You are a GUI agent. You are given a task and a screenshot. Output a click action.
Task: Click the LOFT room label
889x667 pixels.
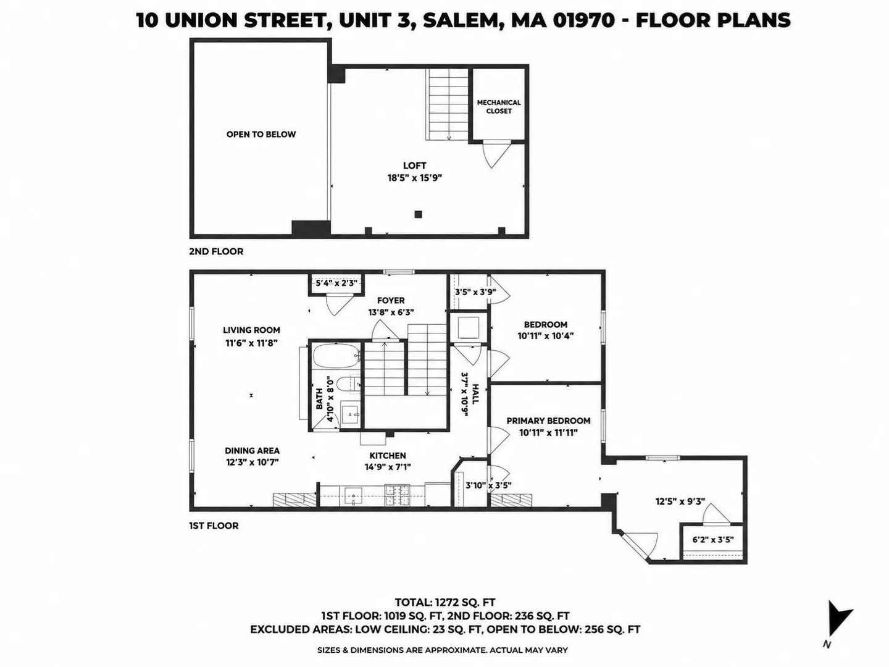pyautogui.click(x=414, y=166)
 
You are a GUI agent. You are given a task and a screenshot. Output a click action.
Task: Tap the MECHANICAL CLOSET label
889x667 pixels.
pyautogui.click(x=499, y=107)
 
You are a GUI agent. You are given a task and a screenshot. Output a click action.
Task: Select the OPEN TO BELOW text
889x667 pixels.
pyautogui.click(x=261, y=135)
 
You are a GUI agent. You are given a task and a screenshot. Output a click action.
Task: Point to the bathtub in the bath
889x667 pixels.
pyautogui.click(x=336, y=356)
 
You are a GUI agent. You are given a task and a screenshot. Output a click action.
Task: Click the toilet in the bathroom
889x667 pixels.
pyautogui.click(x=347, y=384)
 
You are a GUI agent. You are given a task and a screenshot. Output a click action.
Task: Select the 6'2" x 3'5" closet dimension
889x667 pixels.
pyautogui.click(x=713, y=540)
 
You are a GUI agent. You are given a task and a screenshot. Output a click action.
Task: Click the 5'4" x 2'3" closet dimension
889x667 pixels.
pyautogui.click(x=336, y=283)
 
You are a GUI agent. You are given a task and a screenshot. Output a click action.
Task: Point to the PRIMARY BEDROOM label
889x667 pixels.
pyautogui.click(x=548, y=421)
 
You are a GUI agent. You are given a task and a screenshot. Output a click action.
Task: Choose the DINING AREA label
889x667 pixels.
pyautogui.click(x=252, y=450)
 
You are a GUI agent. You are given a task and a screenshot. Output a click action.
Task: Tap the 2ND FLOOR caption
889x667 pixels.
pyautogui.click(x=216, y=251)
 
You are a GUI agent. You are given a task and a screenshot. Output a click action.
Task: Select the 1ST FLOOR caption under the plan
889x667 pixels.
pyautogui.click(x=214, y=526)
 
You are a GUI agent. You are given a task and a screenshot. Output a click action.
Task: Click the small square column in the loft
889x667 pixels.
pyautogui.click(x=418, y=214)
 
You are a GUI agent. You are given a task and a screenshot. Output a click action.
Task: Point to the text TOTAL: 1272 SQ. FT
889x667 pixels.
pyautogui.click(x=444, y=603)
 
